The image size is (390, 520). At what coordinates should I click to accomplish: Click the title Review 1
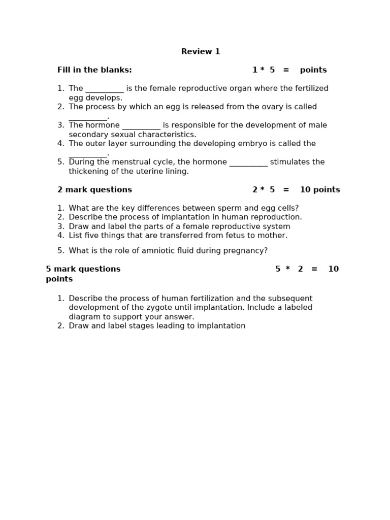click(x=201, y=52)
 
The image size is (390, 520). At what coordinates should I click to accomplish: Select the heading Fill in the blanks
click(x=94, y=70)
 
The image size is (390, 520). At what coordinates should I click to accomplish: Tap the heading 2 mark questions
click(x=94, y=190)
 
